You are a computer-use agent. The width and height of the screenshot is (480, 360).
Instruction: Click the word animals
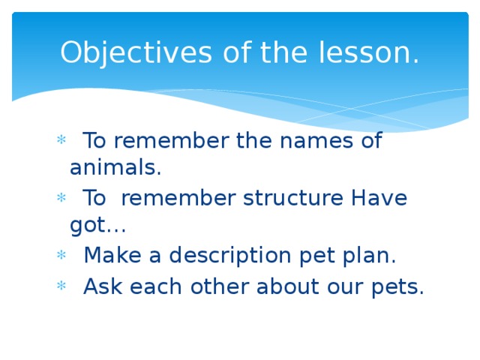click(x=115, y=168)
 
